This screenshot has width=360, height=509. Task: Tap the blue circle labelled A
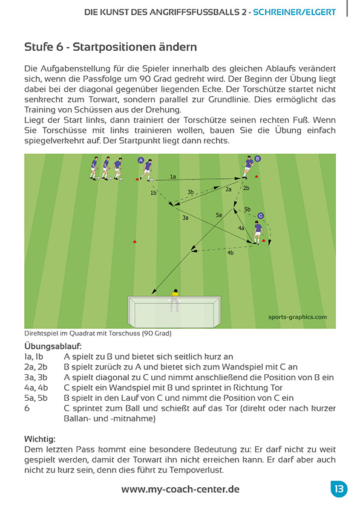(141, 161)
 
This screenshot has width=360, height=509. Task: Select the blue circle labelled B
(258, 158)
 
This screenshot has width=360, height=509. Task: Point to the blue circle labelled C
(261, 215)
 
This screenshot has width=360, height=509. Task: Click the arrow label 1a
(173, 177)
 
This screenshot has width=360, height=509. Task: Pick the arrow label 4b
(230, 253)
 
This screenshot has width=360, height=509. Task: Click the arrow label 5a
(219, 215)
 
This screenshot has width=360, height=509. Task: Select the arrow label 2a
(228, 189)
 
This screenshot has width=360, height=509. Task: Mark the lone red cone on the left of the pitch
(135, 242)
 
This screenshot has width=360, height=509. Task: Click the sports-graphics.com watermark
(297, 316)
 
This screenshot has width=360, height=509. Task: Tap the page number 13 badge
(339, 489)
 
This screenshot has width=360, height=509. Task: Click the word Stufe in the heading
(38, 47)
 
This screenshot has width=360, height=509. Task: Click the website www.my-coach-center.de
(180, 489)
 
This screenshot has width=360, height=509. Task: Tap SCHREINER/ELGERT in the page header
(303, 11)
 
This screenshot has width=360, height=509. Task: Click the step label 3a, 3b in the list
(35, 377)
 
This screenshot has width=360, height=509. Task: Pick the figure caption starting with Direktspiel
(98, 333)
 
